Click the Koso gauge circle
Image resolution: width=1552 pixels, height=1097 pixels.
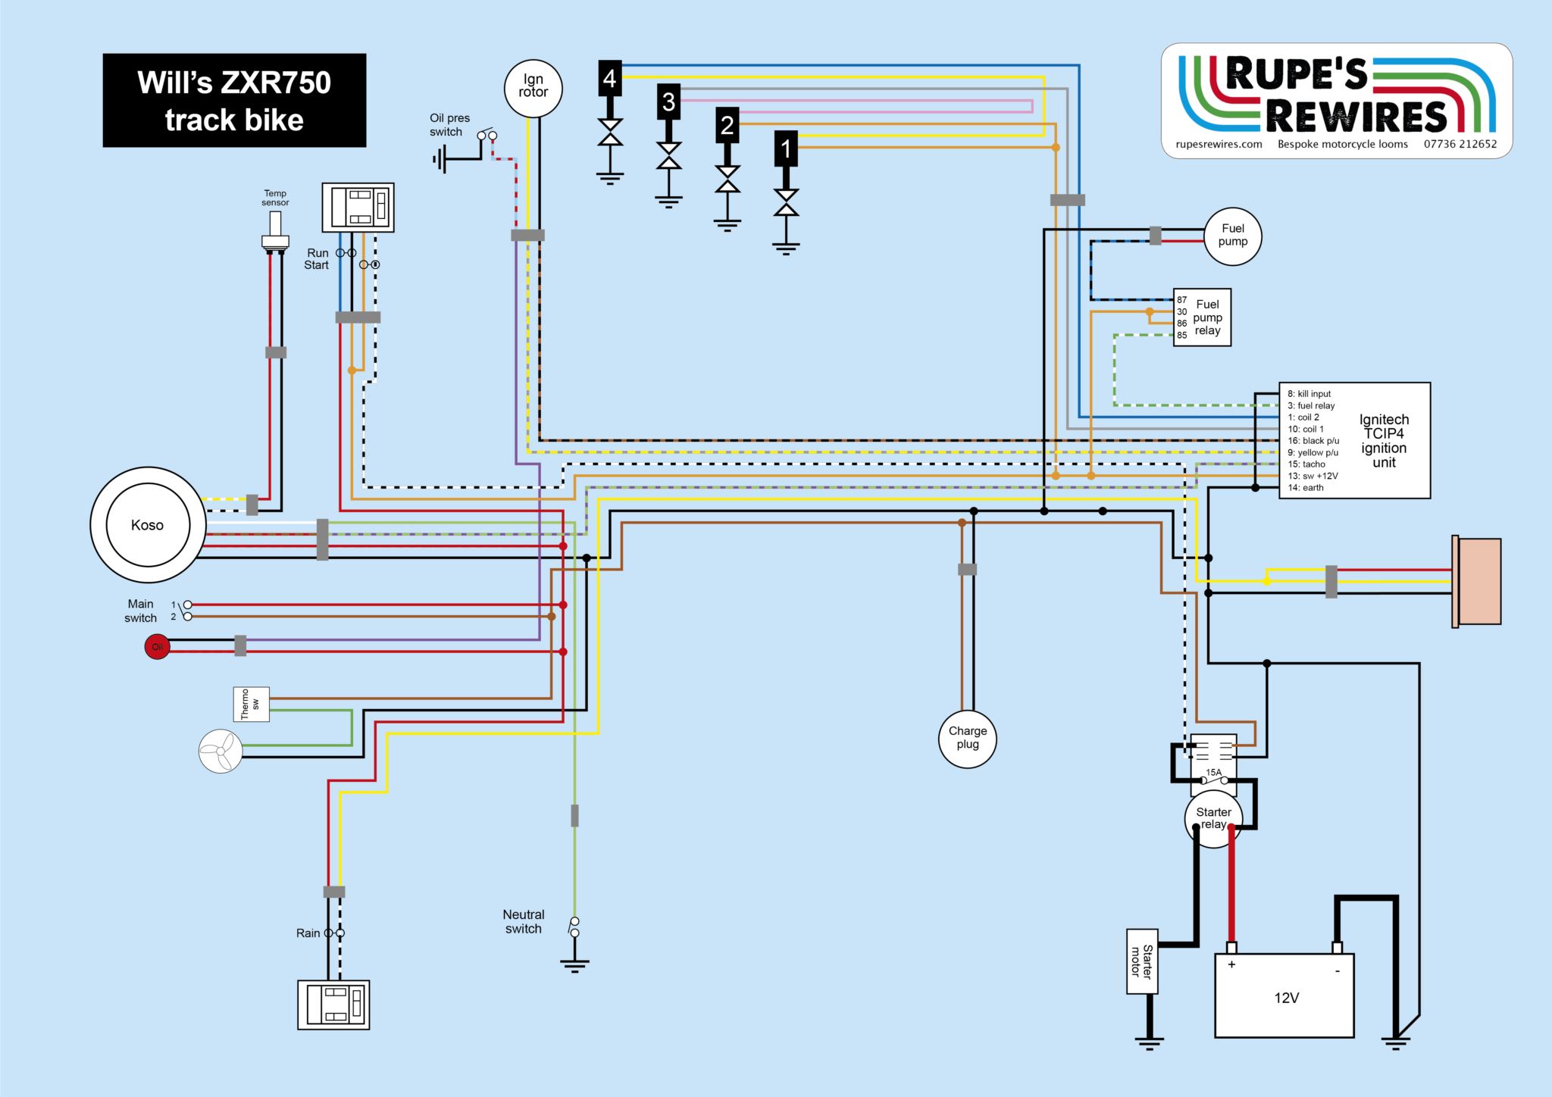[x=148, y=525]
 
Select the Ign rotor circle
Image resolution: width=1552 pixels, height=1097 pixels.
[x=533, y=88]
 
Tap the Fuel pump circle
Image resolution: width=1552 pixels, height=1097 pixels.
[x=1233, y=236]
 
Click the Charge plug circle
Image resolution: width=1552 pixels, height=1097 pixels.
[x=968, y=739]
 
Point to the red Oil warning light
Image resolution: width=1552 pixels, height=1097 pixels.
[x=157, y=647]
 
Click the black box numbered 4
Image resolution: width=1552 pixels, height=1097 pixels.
[x=610, y=78]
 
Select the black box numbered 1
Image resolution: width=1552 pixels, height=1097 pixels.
[x=786, y=148]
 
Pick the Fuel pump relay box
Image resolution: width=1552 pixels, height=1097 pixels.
[x=1202, y=317]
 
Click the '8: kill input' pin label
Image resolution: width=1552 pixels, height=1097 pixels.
[x=1309, y=394]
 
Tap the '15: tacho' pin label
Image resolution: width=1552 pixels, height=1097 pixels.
[x=1306, y=464]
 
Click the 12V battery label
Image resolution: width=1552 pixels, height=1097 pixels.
[x=1286, y=998]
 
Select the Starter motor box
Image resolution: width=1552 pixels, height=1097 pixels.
[x=1142, y=961]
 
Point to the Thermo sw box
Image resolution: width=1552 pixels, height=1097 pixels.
[x=251, y=704]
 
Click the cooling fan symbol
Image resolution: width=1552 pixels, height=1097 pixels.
[x=221, y=751]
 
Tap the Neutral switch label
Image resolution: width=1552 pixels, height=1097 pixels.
[x=524, y=921]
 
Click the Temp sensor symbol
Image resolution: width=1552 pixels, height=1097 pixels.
[x=275, y=230]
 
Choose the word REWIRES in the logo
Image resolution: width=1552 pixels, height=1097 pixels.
[x=1356, y=116]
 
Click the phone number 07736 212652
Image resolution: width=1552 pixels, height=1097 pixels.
[x=1460, y=144]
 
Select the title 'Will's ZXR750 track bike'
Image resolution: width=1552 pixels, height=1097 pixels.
[x=234, y=101]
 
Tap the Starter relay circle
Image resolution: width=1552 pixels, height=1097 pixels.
[x=1213, y=819]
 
